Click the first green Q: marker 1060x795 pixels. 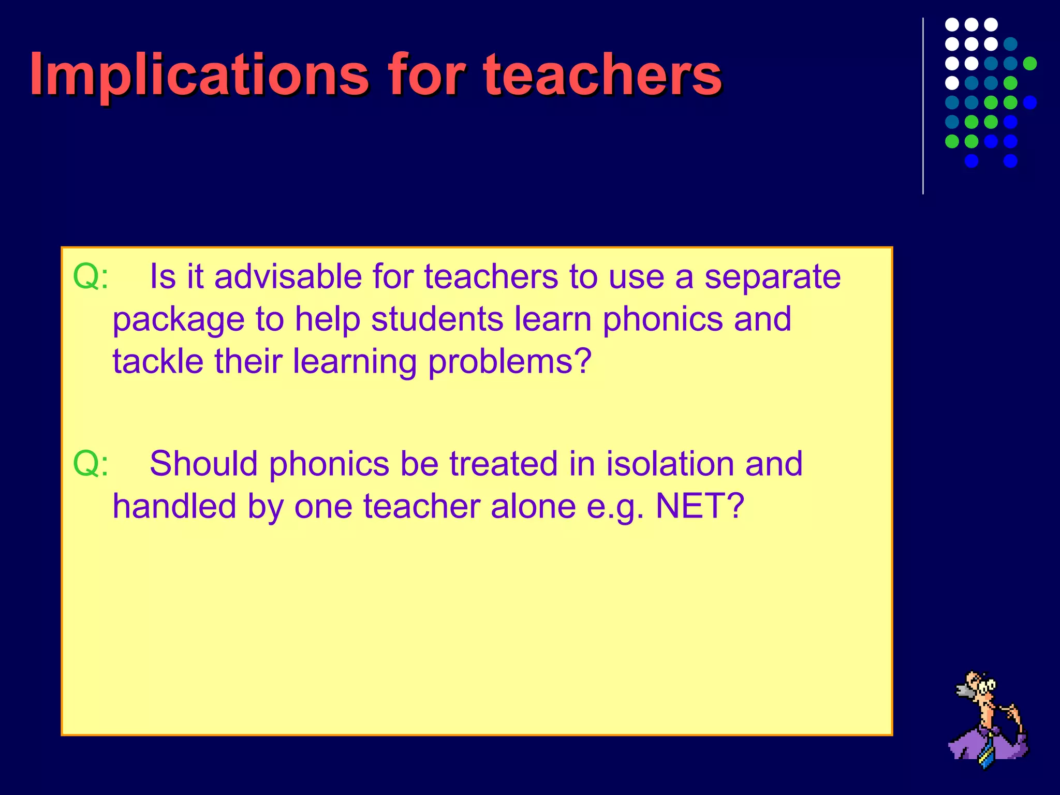[91, 277]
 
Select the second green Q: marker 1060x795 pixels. [91, 464]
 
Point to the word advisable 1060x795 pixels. [287, 277]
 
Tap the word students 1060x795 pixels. [437, 319]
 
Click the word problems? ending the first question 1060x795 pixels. [510, 362]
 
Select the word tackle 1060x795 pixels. [158, 361]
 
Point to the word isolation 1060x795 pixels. [670, 464]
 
